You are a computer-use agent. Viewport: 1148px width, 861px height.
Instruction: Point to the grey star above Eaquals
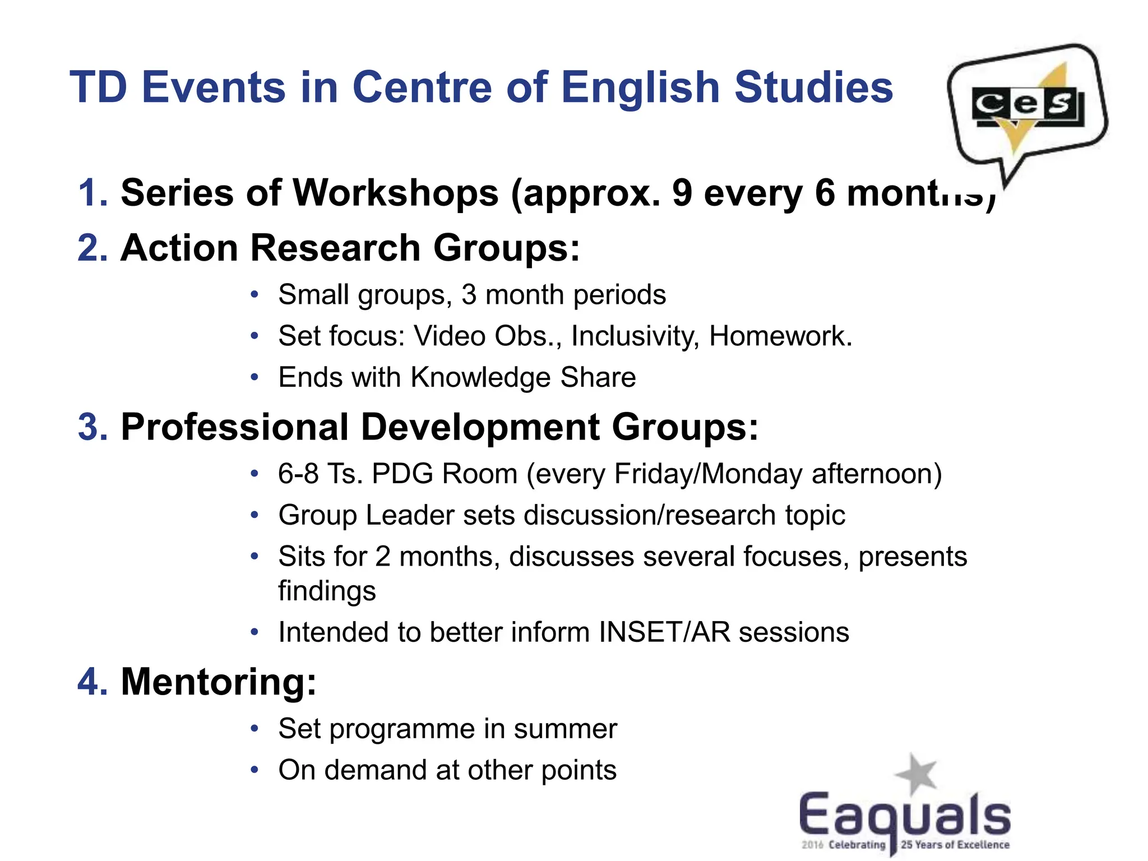[916, 774]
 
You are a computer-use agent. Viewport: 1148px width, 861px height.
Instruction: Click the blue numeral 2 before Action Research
[92, 248]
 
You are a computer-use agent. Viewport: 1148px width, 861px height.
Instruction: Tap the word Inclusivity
[635, 336]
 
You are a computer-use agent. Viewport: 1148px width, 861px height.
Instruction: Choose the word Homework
[780, 336]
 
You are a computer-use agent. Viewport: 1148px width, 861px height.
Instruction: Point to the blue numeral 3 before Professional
[92, 427]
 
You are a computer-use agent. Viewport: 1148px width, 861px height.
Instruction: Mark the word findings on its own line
[327, 591]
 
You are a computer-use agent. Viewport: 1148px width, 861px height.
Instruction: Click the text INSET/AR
[664, 632]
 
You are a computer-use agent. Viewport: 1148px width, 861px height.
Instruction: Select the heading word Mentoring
[219, 682]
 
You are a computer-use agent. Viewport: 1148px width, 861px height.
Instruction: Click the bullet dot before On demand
[254, 770]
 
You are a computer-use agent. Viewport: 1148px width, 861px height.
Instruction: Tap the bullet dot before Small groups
[254, 295]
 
